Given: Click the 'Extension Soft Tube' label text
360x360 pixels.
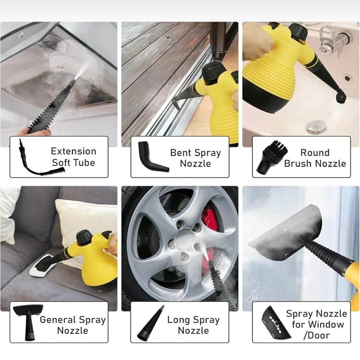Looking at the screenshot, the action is (x=74, y=157).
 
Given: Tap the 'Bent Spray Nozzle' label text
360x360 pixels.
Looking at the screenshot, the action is (x=195, y=158).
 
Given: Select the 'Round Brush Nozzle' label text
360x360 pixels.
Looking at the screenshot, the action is (x=315, y=158).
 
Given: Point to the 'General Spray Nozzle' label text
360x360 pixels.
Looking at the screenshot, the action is (x=73, y=325).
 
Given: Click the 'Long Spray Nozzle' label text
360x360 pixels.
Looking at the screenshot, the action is (x=193, y=325).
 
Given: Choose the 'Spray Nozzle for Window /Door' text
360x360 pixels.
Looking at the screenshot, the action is (x=317, y=324).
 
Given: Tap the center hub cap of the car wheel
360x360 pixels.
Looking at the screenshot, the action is (x=184, y=239).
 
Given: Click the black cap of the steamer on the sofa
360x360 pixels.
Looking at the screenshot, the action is (x=84, y=237).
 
